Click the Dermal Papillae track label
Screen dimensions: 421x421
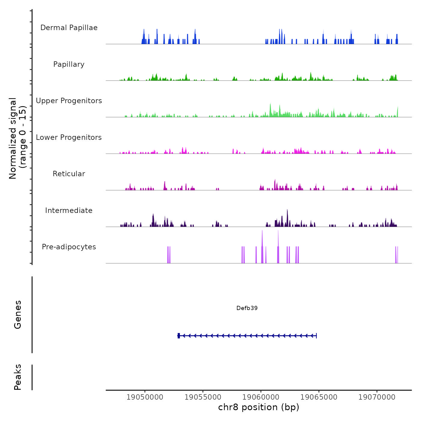pos(69,28)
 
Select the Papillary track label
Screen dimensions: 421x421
pos(69,64)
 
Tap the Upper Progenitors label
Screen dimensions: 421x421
pos(69,101)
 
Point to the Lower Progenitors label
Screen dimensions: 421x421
pos(69,137)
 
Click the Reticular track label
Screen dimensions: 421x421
pos(69,174)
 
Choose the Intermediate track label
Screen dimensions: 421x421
pos(69,210)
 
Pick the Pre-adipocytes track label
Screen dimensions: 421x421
pos(69,247)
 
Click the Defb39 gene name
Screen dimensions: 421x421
pos(247,308)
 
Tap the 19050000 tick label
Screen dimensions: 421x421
pos(145,397)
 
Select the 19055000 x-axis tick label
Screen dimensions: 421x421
pos(203,397)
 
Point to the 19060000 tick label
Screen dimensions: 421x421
pos(261,397)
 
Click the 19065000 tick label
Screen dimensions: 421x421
pos(319,397)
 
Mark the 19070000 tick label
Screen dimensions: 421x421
pos(377,397)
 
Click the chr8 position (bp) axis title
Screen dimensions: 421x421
pos(259,407)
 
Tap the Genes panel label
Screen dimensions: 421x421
pos(18,315)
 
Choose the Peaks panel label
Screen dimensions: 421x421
pos(18,377)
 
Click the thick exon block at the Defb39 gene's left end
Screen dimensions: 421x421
pos(179,336)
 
